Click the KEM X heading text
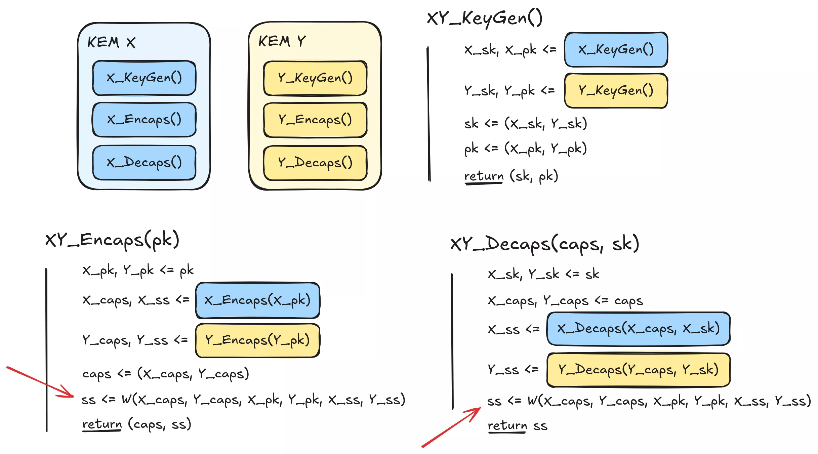(x=111, y=42)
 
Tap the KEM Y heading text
(x=282, y=41)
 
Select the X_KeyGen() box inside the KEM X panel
(x=144, y=78)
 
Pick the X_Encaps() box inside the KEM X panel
(x=144, y=120)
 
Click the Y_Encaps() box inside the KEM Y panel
(x=315, y=120)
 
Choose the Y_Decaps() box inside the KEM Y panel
(x=315, y=163)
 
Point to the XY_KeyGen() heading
(x=484, y=18)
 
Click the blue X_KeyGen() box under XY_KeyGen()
(x=616, y=50)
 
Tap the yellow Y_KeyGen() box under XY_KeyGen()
(x=616, y=91)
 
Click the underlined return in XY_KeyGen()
(x=484, y=176)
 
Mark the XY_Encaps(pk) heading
(x=112, y=240)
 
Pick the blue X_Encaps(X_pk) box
(x=257, y=300)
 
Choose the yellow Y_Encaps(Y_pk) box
(x=257, y=340)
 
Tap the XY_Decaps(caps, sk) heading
(x=544, y=244)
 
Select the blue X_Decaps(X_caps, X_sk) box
(x=638, y=329)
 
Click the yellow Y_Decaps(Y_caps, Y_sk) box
(x=638, y=370)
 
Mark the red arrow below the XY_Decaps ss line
(x=451, y=427)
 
